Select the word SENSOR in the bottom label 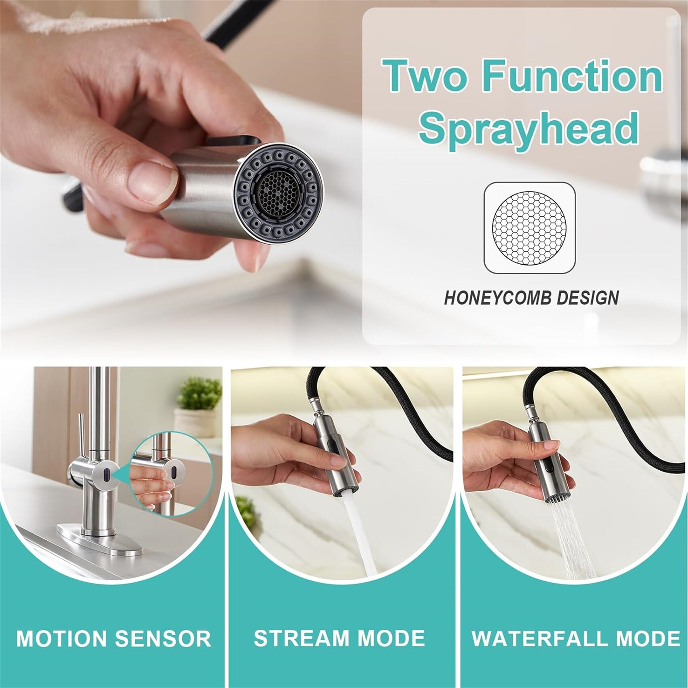point(163,638)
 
